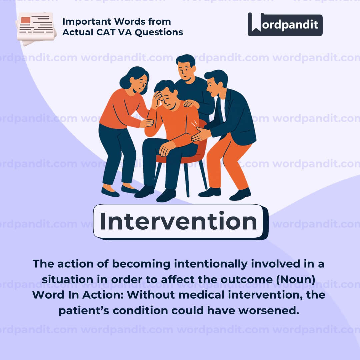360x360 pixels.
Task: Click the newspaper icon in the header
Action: pos(36,29)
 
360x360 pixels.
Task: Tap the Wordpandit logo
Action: pos(285,24)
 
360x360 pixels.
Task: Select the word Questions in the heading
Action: pos(159,32)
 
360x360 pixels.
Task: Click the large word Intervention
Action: pos(178,221)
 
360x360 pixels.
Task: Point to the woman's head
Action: pos(135,80)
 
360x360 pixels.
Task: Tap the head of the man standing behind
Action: pos(186,67)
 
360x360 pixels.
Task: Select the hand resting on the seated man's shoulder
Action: pos(191,104)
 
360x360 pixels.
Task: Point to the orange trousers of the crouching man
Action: pos(227,161)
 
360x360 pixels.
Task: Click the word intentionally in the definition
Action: pos(211,264)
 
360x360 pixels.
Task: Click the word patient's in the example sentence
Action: pos(84,311)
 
